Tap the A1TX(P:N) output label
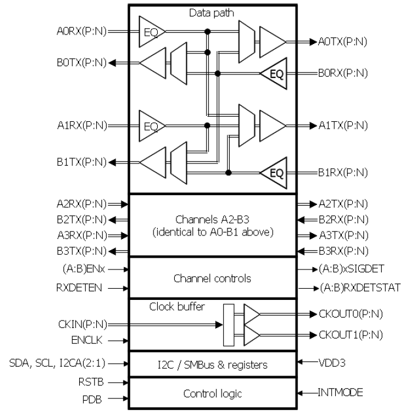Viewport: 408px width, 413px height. click(342, 125)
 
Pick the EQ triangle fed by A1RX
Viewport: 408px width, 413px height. click(149, 125)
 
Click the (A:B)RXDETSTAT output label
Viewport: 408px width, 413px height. click(351, 288)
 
